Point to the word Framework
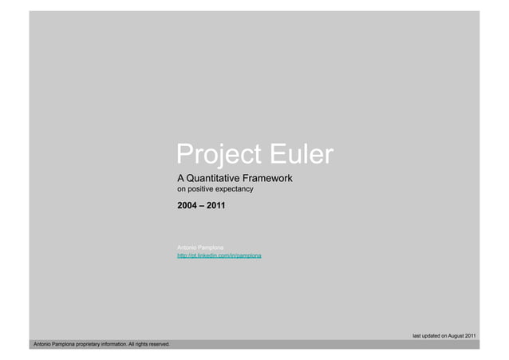(270, 177)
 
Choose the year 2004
(187, 206)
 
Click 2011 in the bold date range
(215, 206)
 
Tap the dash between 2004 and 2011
(201, 206)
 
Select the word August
(453, 335)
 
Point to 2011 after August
(470, 335)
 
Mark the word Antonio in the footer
(39, 344)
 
